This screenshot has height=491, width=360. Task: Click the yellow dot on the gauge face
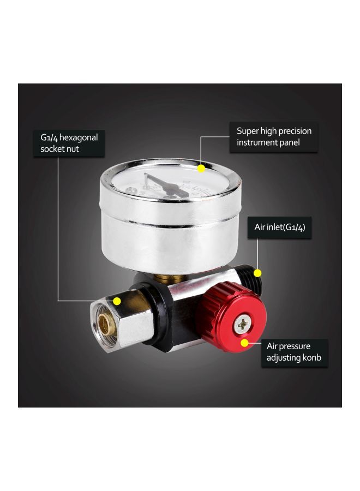201,169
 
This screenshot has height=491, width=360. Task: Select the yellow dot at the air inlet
258,273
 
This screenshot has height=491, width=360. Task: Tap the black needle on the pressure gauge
162,183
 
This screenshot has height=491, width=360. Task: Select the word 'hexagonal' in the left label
78,137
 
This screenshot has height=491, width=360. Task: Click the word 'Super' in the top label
248,131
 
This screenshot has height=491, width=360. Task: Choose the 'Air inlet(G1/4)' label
283,227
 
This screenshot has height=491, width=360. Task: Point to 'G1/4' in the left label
47,137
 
